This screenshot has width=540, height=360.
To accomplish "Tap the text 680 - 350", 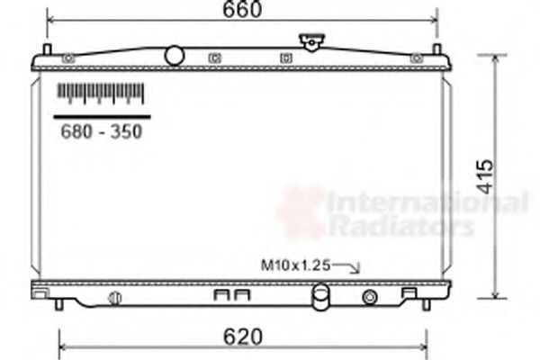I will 101,131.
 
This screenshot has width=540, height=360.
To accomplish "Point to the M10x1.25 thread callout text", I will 296,265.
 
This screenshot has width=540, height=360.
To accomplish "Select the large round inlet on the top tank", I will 174,56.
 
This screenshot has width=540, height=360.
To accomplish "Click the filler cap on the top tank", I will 311,41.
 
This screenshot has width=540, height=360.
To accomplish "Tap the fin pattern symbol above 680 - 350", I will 101,92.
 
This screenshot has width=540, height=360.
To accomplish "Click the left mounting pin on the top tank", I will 47,49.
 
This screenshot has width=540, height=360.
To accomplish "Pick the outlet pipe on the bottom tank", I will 320,296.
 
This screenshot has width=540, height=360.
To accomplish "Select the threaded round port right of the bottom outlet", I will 369,297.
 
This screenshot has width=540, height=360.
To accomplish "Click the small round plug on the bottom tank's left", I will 114,298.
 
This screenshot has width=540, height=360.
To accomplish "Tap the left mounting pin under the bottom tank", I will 59,304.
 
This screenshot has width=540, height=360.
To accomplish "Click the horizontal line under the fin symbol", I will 101,116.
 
